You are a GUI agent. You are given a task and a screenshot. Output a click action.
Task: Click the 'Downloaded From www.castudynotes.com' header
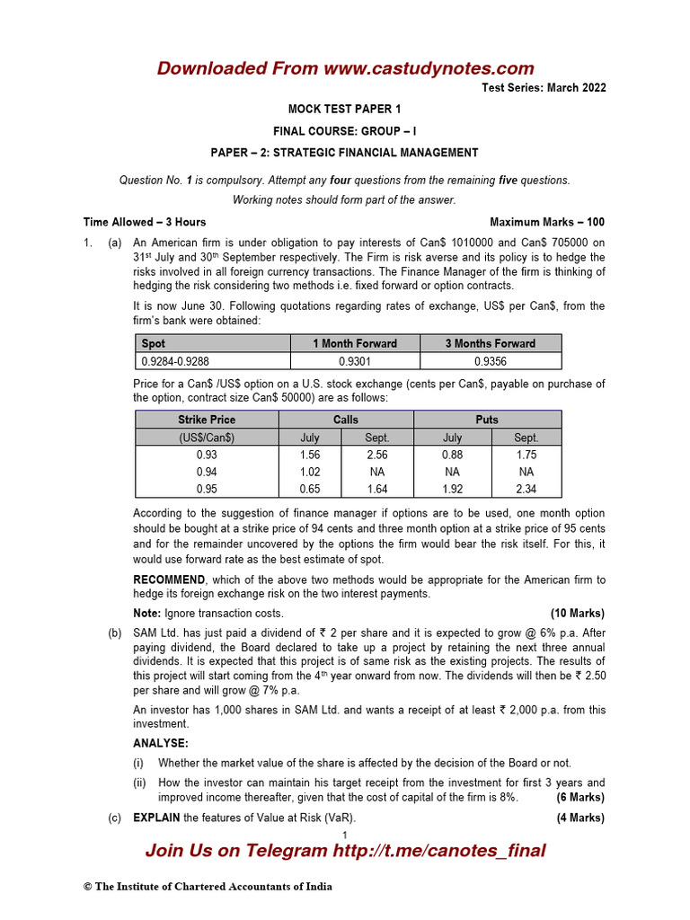[345, 68]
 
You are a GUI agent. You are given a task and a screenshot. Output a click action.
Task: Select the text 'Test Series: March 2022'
[544, 88]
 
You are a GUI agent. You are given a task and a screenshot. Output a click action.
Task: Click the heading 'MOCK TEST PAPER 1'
[344, 109]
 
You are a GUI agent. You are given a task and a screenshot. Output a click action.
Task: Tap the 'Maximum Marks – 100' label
[547, 222]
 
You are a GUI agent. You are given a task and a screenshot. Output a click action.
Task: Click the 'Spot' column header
[154, 343]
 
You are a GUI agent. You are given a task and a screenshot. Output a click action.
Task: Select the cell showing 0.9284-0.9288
[175, 360]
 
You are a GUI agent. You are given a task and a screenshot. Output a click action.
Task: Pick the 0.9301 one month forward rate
[354, 360]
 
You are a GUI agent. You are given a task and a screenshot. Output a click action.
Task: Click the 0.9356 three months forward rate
[490, 360]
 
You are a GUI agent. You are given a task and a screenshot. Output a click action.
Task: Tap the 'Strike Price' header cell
[207, 420]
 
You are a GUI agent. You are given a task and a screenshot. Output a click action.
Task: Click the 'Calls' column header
[345, 420]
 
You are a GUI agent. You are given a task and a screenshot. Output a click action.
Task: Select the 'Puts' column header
[486, 420]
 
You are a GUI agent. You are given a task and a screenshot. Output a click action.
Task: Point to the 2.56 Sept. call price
[376, 455]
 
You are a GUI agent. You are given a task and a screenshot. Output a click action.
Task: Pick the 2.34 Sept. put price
[526, 489]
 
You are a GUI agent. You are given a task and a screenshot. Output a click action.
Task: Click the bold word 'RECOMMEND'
[169, 580]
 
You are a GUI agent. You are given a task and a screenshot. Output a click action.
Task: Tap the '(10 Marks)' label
[577, 614]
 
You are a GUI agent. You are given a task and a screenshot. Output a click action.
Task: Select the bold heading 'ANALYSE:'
[161, 744]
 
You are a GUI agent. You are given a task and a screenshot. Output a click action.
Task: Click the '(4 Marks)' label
[580, 818]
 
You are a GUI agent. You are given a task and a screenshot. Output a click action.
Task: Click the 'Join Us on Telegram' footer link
[345, 851]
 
